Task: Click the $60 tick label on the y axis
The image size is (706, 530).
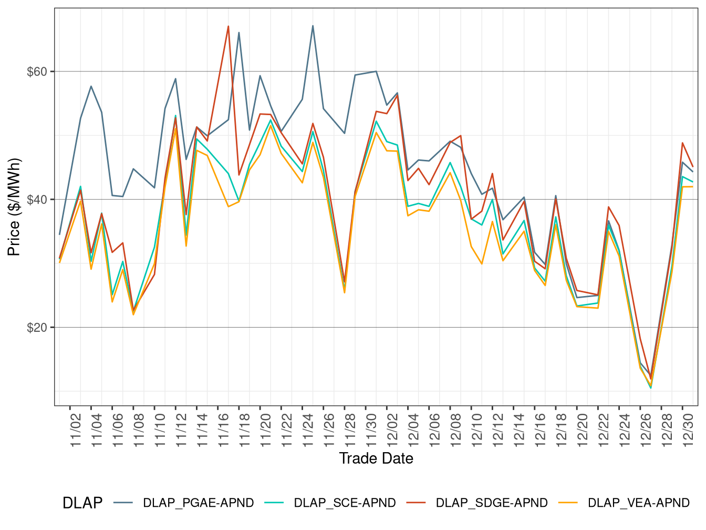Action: point(37,72)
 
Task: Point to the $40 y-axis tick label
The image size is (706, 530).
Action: point(37,200)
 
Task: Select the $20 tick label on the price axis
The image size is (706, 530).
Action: point(37,328)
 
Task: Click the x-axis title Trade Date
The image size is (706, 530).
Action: point(376,458)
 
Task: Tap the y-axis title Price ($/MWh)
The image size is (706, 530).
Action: point(14,207)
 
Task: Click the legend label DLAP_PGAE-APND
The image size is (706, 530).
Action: point(198,503)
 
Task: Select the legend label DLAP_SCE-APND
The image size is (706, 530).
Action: point(345,503)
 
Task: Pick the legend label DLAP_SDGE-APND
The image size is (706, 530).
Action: point(492,503)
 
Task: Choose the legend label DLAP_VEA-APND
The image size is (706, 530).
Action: point(638,503)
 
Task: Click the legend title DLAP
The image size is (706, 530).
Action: point(82,503)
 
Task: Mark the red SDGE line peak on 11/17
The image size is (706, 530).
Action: point(229,26)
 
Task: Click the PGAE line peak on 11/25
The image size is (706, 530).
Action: point(313,26)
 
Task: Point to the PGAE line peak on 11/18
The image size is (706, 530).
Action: point(239,33)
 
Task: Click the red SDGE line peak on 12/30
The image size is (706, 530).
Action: point(682,143)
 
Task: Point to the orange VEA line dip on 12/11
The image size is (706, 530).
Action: point(482,264)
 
